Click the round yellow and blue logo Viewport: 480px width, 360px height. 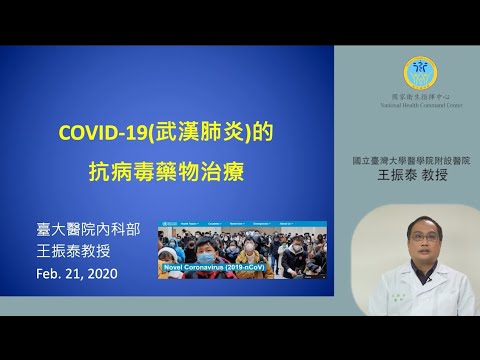[x=419, y=71]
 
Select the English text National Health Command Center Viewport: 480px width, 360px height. [x=419, y=102]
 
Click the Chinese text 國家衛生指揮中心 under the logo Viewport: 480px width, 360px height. [x=419, y=94]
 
